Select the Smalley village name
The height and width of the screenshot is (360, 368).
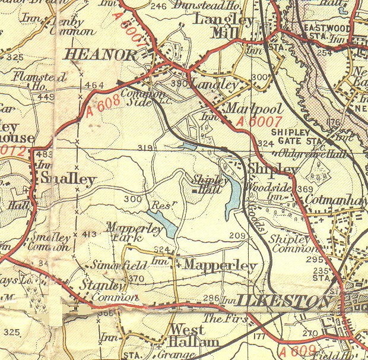point(66,179)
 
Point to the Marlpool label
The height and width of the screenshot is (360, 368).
point(246,109)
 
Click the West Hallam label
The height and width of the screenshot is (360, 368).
point(187,336)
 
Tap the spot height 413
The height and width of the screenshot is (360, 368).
point(89,234)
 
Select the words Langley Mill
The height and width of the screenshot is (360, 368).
point(223,26)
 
